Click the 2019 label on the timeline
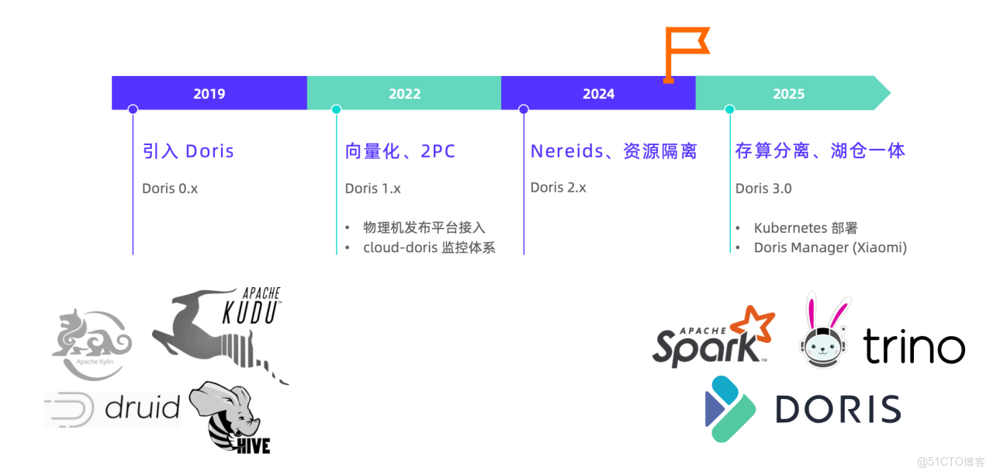[x=209, y=94]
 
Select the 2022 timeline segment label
[x=404, y=94]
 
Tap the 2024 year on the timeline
[x=598, y=94]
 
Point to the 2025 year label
[x=789, y=94]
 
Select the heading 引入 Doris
[x=188, y=151]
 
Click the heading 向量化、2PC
[x=400, y=151]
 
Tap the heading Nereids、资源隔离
[x=614, y=151]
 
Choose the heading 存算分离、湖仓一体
[x=820, y=151]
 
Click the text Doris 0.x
[x=170, y=189]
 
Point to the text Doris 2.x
[x=558, y=188]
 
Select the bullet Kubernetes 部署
[x=805, y=228]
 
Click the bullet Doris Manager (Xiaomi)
[x=830, y=248]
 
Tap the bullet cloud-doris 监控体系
[x=429, y=248]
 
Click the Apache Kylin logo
[x=92, y=345]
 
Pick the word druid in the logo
[x=142, y=407]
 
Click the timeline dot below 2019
[x=133, y=109]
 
